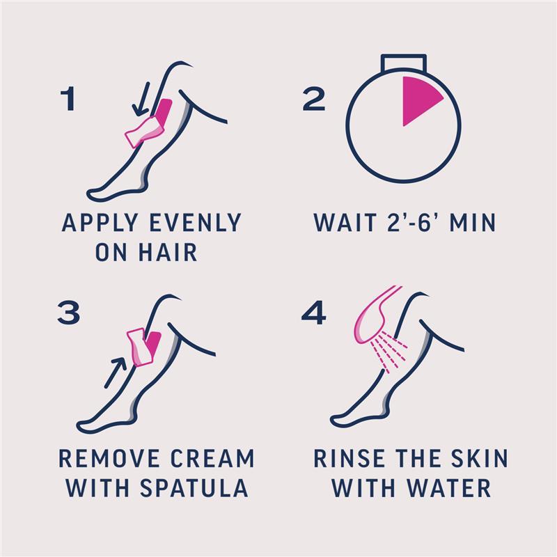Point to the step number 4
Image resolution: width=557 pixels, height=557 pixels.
(314, 313)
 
